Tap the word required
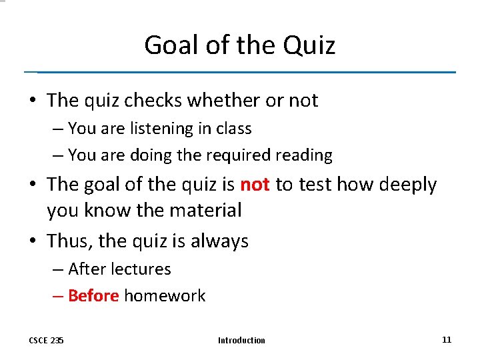click(239, 155)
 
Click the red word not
click(254, 185)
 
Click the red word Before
click(93, 296)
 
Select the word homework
click(165, 296)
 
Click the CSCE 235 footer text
click(46, 341)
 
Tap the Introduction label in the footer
click(241, 341)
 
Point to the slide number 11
click(447, 339)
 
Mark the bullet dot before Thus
click(33, 241)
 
